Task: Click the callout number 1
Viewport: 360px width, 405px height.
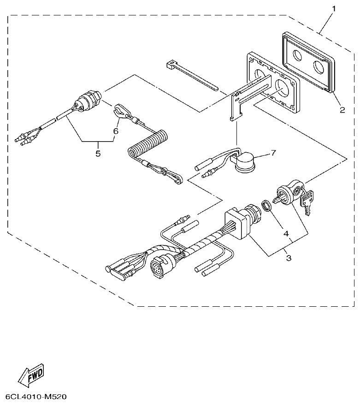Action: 334,8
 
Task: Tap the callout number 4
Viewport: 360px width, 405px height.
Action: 286,234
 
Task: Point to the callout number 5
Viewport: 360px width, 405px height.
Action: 98,153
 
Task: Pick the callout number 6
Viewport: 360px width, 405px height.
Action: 116,131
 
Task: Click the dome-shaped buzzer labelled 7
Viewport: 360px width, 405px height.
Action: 245,163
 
